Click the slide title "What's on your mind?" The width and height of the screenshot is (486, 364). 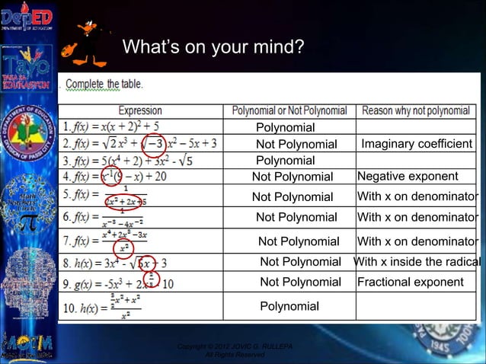(x=213, y=48)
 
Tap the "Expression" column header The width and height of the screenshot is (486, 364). (x=139, y=111)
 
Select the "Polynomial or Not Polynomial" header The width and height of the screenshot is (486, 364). (x=289, y=111)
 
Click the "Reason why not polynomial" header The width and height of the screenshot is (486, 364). (x=415, y=111)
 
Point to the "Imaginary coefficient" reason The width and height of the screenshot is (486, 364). (x=417, y=144)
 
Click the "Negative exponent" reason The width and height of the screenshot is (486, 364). (x=408, y=177)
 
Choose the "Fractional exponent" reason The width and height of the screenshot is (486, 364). (x=410, y=282)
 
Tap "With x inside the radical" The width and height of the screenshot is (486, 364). (x=417, y=262)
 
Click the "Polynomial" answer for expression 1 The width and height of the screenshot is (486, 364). (x=285, y=127)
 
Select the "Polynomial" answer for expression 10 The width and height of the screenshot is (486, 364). (x=289, y=306)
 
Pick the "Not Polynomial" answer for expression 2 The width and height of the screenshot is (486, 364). (x=296, y=144)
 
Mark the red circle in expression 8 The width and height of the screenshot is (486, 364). (x=147, y=263)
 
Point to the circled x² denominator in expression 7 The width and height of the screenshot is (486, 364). (x=121, y=248)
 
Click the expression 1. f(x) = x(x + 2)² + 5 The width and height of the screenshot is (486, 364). (x=115, y=126)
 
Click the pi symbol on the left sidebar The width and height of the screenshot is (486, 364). (x=28, y=224)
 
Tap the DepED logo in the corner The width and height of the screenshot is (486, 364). (x=27, y=18)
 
